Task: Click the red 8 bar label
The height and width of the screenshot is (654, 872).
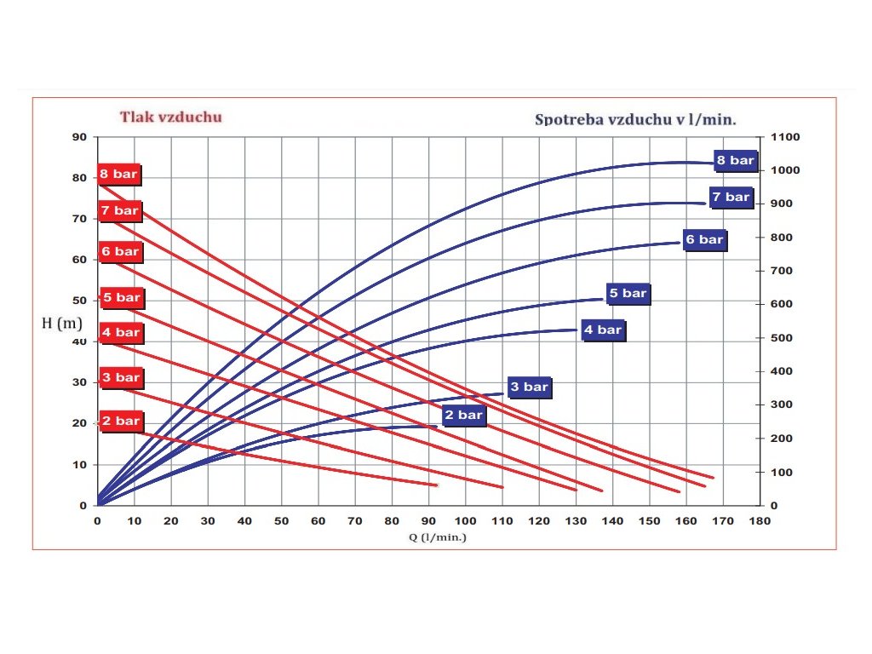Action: pos(118,175)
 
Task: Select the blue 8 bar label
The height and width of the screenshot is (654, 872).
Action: pos(735,160)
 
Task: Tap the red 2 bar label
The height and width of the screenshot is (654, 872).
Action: pos(121,421)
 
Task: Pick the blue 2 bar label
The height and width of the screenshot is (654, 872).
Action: pos(464,416)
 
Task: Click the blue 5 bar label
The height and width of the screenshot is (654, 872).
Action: pos(628,294)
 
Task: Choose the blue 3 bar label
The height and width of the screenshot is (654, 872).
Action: pos(529,387)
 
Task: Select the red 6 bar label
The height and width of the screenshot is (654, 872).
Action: pos(120,252)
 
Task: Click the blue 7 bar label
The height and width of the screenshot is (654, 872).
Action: pos(731,198)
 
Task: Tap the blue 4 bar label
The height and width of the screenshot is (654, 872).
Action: pos(604,330)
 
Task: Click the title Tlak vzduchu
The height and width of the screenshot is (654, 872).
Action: pos(170,117)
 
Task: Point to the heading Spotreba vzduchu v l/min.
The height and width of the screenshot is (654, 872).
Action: pos(635,119)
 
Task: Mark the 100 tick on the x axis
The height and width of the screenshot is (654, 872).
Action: pos(466,520)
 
